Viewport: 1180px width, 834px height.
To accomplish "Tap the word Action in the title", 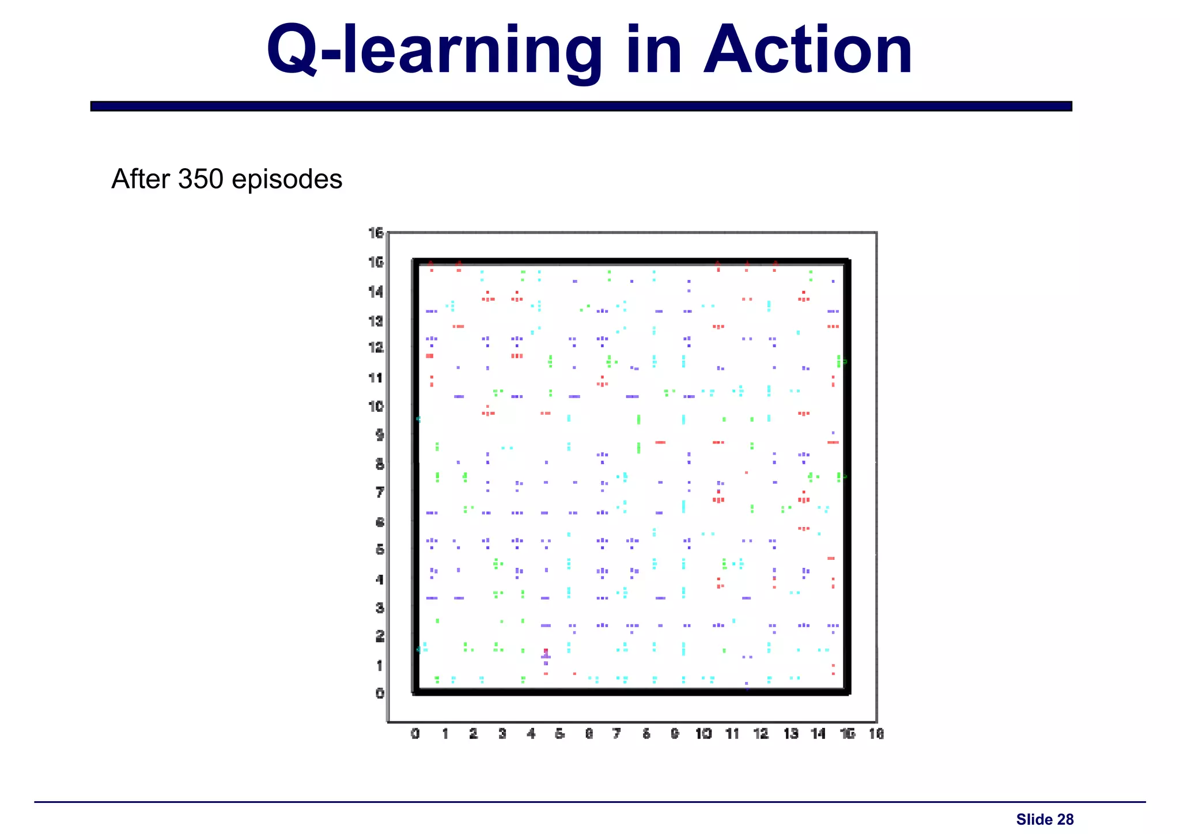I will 808,51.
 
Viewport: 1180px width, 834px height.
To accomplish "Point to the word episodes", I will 287,180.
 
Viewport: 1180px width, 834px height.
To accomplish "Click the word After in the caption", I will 142,179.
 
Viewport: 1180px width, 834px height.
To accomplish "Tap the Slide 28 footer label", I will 1045,820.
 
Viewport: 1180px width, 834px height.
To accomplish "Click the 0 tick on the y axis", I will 380,693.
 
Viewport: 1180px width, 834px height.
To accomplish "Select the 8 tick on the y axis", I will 380,464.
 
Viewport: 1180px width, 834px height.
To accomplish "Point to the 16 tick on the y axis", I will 376,233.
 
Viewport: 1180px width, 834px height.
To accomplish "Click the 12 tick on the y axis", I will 376,348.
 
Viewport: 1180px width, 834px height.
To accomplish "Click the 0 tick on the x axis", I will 415,734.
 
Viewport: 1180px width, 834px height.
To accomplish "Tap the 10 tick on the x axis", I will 704,734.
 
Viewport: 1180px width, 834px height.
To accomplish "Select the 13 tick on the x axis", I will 791,734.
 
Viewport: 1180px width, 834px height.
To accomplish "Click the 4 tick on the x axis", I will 531,734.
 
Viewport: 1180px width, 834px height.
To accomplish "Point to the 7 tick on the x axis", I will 617,734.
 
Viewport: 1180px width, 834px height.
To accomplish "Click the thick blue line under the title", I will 581,106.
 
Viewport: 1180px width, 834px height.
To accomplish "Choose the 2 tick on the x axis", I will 473,734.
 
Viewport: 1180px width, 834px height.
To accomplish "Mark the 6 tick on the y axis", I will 380,522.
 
